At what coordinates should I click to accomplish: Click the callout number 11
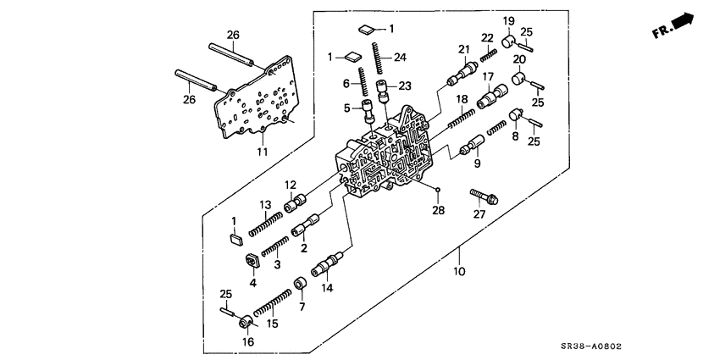pos(262,152)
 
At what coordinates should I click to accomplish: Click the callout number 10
pos(460,272)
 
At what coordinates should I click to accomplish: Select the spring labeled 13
pos(266,223)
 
